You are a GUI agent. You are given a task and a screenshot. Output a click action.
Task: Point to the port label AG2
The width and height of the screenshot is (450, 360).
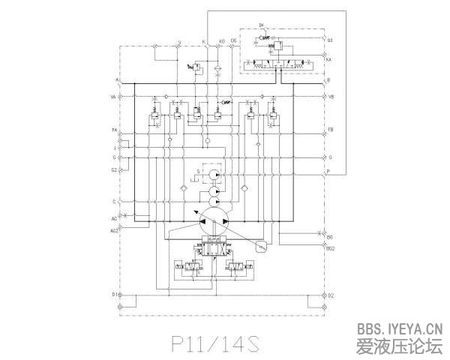pos(115,231)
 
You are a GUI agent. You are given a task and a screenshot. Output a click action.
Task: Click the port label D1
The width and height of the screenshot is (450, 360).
pos(115,295)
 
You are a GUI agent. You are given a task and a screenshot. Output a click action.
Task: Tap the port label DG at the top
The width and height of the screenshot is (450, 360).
pos(234,41)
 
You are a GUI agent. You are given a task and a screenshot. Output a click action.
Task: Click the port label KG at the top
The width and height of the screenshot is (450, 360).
pos(221,41)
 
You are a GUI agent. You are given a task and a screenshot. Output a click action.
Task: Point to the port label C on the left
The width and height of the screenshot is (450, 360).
pos(115,202)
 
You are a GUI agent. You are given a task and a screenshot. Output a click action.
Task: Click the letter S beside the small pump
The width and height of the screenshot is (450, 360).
pos(198,172)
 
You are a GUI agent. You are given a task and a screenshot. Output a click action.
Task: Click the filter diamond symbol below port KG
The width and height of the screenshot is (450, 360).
pos(217,67)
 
